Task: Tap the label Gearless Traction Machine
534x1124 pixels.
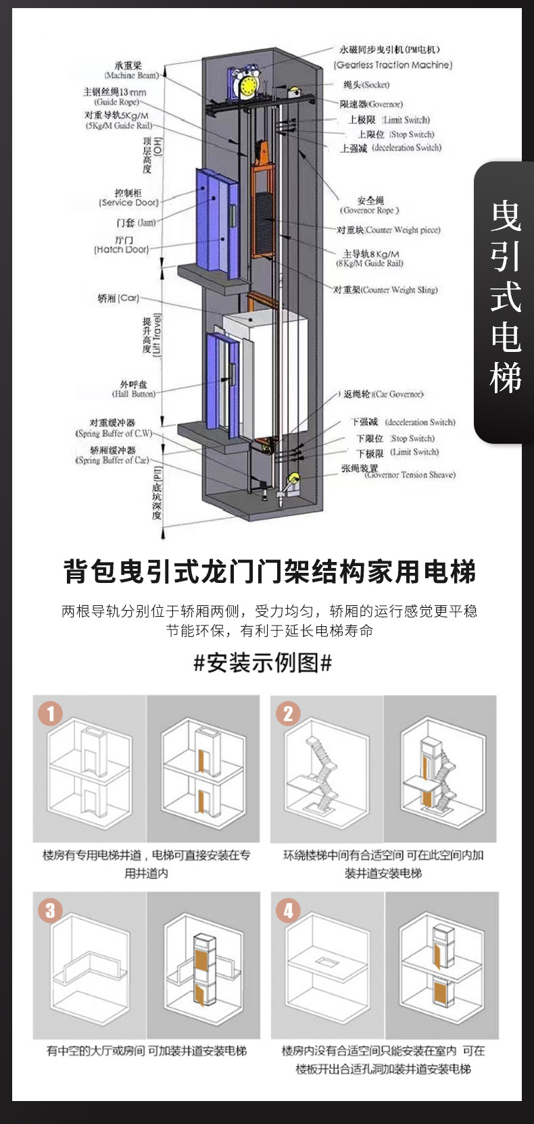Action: (x=393, y=65)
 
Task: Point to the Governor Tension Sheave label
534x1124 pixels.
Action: (x=410, y=475)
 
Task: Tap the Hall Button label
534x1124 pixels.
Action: (x=133, y=394)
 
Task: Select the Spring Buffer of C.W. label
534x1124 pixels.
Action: (x=114, y=433)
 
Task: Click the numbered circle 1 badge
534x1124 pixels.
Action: (x=51, y=713)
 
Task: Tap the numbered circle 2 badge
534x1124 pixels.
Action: (x=288, y=713)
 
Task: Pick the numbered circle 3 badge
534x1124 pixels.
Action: (x=51, y=910)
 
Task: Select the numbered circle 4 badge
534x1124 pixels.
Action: (x=288, y=910)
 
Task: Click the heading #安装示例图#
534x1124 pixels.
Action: (x=263, y=663)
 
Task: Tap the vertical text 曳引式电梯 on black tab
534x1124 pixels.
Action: (x=506, y=297)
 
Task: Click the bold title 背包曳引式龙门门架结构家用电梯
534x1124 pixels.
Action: (x=270, y=571)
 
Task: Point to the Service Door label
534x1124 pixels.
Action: (x=128, y=202)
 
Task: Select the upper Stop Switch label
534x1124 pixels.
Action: (x=412, y=134)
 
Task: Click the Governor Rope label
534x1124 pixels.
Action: (x=370, y=210)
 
